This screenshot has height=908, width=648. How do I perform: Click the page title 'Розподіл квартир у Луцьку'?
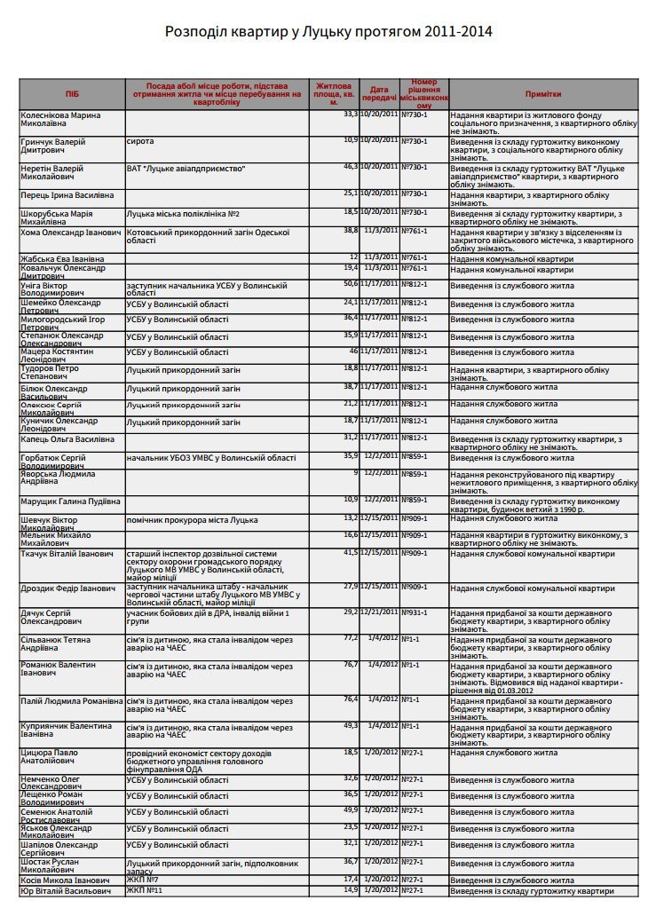[x=328, y=32]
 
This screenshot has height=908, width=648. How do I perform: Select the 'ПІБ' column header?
[x=71, y=93]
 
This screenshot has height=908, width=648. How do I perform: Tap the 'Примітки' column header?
[x=542, y=93]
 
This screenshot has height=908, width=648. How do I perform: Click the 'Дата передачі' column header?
[x=379, y=93]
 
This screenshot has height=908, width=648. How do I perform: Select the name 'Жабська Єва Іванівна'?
[x=62, y=257]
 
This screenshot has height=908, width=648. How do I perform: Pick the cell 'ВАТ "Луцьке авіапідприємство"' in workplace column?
[x=186, y=167]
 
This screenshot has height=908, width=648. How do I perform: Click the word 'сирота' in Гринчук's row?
[x=140, y=141]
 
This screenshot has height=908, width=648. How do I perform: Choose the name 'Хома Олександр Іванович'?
[x=70, y=231]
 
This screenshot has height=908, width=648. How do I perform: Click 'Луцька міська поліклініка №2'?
[x=183, y=214]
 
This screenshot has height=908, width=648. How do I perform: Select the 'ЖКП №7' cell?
[x=143, y=879]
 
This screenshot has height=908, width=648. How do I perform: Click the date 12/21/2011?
[x=379, y=612]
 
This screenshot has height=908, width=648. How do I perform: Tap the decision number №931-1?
[x=415, y=612]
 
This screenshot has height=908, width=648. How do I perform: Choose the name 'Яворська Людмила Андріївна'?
[x=62, y=478]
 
